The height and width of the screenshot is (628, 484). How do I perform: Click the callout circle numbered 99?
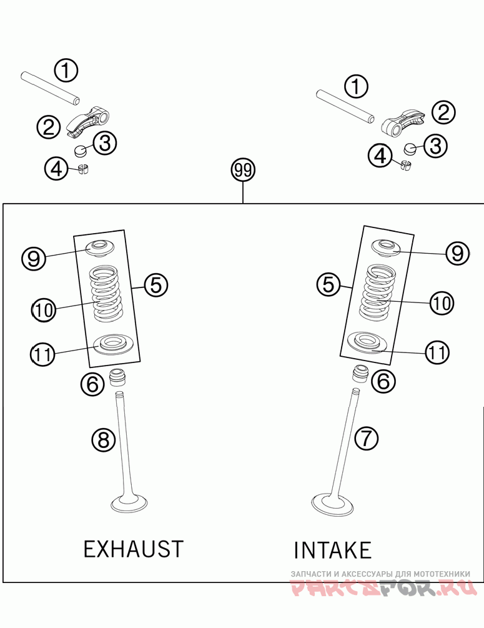(x=243, y=171)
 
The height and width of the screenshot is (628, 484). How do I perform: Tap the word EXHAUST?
(x=134, y=549)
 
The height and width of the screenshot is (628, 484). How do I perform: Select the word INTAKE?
(x=333, y=551)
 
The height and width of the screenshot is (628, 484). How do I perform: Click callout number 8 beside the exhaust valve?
(x=104, y=440)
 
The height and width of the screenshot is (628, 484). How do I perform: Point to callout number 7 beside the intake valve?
(x=367, y=439)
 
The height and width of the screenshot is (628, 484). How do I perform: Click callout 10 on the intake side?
(x=442, y=304)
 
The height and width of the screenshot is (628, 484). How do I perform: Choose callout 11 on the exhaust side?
(x=42, y=354)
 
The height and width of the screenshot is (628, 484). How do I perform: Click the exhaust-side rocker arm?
(x=89, y=119)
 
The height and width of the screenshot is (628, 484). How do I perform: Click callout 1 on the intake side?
(x=356, y=87)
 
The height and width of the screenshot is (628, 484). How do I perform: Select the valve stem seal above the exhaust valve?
(x=117, y=377)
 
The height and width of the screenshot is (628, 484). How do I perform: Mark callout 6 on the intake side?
(x=383, y=381)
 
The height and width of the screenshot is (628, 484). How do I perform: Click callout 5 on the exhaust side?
(x=156, y=285)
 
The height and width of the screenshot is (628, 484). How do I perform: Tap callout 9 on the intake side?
(x=457, y=253)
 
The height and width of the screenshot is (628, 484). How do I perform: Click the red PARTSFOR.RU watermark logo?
(x=384, y=587)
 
